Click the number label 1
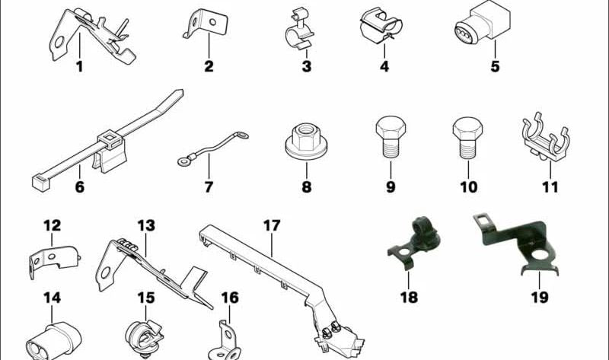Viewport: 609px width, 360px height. pyautogui.click(x=80, y=66)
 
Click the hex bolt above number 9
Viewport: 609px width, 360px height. pyautogui.click(x=391, y=136)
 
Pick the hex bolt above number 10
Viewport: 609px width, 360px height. pyautogui.click(x=467, y=138)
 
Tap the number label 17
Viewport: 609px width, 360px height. pyautogui.click(x=272, y=225)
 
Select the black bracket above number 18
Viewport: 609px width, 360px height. pyautogui.click(x=415, y=243)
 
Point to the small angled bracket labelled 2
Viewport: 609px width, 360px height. pyautogui.click(x=206, y=24)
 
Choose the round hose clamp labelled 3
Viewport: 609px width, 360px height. pyautogui.click(x=300, y=30)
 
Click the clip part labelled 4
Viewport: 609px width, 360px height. pyautogui.click(x=381, y=26)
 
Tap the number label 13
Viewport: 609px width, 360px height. pyautogui.click(x=146, y=225)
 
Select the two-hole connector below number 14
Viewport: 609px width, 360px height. pyautogui.click(x=53, y=342)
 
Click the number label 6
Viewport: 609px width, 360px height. pyautogui.click(x=80, y=186)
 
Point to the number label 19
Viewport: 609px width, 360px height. pyautogui.click(x=540, y=298)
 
